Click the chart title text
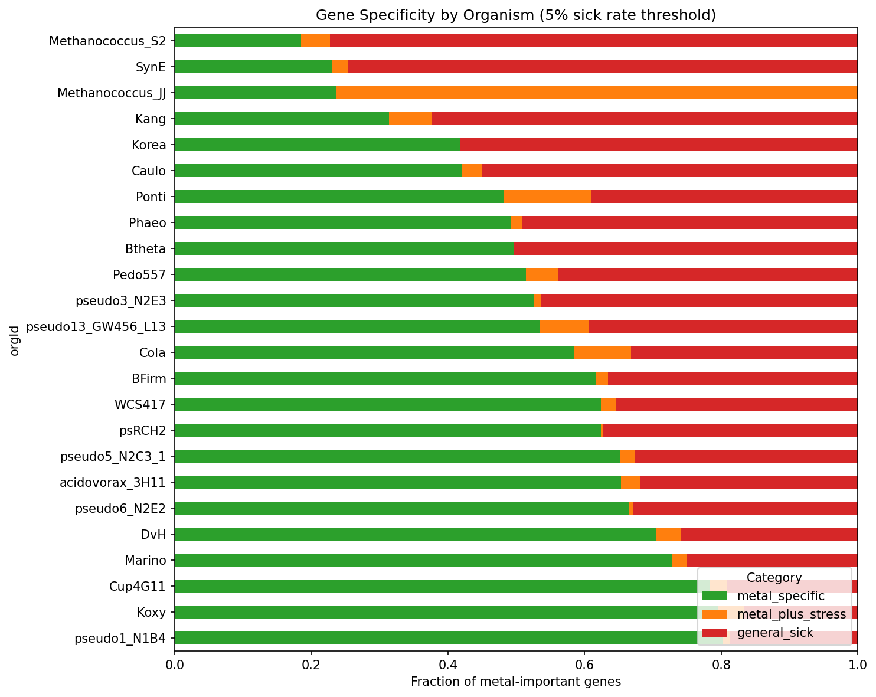[x=516, y=15]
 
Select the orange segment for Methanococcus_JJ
[x=596, y=93]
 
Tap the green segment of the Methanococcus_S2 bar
[x=238, y=41]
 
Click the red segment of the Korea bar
[x=658, y=145]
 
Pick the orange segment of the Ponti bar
[x=547, y=197]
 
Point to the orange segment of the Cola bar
[x=603, y=352]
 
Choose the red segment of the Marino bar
[x=772, y=560]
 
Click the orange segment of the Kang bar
[x=410, y=119]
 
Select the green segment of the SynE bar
[x=254, y=67]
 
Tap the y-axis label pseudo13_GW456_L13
[x=96, y=326]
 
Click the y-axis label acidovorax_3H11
[x=113, y=482]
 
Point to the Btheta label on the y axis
[x=146, y=248]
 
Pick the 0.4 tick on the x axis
[x=448, y=665]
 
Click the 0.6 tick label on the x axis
[x=584, y=665]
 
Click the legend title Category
[x=774, y=577]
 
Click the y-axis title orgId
[x=15, y=341]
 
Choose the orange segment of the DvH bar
[x=669, y=534]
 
